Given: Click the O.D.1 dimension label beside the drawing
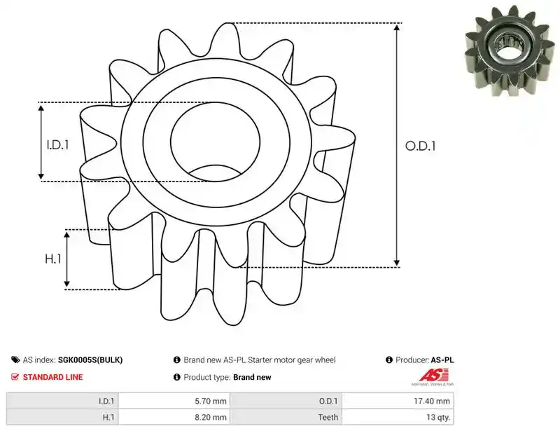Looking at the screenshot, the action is point(421,146).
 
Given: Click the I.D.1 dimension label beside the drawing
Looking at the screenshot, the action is point(57,145).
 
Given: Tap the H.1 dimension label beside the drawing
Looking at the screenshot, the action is point(53,259).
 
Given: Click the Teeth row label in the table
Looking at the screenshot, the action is point(328,417).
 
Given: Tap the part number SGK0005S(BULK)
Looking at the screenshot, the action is point(90,360).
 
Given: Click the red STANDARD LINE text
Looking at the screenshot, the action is point(53,377).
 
